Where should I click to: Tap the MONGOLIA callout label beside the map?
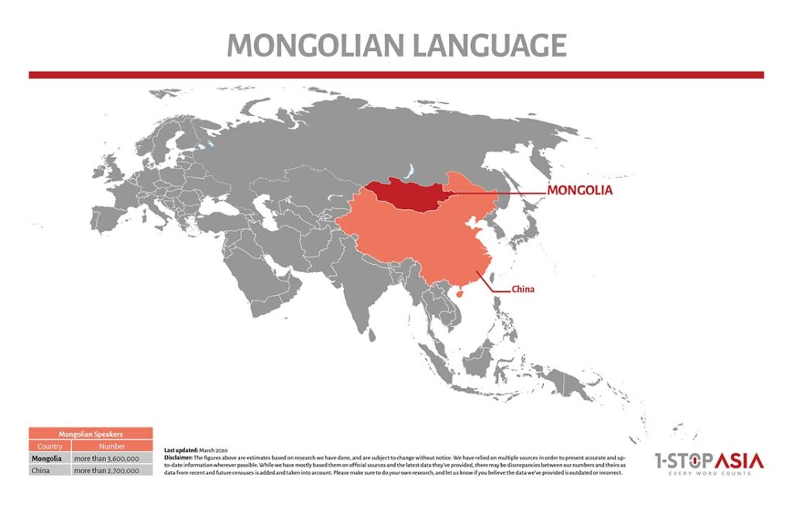pyautogui.click(x=579, y=190)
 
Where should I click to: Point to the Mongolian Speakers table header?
pyautogui.click(x=91, y=435)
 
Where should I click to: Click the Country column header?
pyautogui.click(x=50, y=446)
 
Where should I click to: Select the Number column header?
pyautogui.click(x=111, y=446)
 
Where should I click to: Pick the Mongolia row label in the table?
pyautogui.click(x=46, y=459)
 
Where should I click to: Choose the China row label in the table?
pyautogui.click(x=40, y=469)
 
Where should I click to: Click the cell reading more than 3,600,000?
pyautogui.click(x=107, y=459)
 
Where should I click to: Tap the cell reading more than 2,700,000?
pyautogui.click(x=107, y=469)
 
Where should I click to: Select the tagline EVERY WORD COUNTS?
pyautogui.click(x=709, y=475)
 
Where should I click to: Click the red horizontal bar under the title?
pyautogui.click(x=396, y=75)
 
